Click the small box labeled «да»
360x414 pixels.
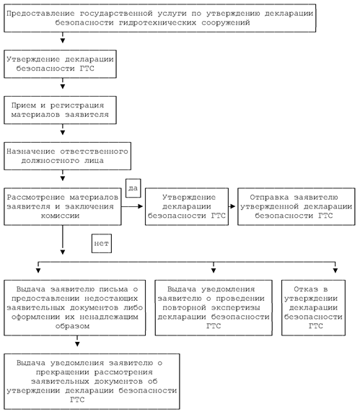click(133, 188)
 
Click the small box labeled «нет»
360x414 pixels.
click(102, 244)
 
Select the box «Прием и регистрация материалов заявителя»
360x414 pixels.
click(60, 110)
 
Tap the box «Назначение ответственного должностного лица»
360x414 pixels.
click(67, 156)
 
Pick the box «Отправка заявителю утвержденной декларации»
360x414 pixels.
click(297, 207)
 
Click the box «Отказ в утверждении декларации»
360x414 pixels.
click(314, 308)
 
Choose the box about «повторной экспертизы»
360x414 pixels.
click(214, 308)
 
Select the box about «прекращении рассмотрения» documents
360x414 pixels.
click(92, 382)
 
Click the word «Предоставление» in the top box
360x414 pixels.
click(40, 14)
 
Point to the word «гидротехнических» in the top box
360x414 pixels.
click(158, 22)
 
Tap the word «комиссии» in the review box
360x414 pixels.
click(60, 216)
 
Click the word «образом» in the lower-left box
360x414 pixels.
click(72, 326)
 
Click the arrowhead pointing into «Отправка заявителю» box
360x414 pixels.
click(233, 206)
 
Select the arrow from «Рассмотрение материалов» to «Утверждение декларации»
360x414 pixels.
click(132, 206)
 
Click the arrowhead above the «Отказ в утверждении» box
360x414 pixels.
click(335, 270)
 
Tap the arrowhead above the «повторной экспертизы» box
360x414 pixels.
click(214, 270)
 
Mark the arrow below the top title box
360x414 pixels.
click(63, 38)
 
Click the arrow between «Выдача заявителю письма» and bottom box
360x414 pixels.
click(77, 341)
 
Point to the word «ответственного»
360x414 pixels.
click(94, 151)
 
